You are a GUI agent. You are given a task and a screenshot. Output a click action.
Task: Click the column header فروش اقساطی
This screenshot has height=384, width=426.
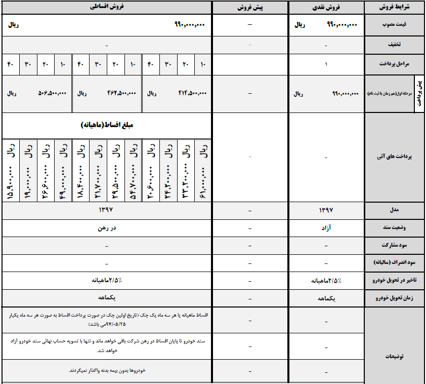106,8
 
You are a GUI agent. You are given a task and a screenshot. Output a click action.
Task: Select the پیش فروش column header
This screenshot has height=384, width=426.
250,8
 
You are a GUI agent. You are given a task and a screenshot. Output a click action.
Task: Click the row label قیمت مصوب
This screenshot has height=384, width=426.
399,24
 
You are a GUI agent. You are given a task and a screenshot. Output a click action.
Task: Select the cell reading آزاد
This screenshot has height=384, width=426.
326,228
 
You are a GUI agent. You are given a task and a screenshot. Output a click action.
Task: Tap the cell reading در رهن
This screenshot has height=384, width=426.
106,228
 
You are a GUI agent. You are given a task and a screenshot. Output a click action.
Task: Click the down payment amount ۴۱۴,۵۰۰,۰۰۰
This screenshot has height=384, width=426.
193,93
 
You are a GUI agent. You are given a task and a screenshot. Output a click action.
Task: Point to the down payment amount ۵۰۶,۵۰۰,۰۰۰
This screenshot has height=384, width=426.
53,93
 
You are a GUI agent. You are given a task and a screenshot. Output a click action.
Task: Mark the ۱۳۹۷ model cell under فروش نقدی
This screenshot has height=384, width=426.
326,209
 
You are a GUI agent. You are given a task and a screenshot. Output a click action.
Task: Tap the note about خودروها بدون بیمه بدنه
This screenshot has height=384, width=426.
107,370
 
